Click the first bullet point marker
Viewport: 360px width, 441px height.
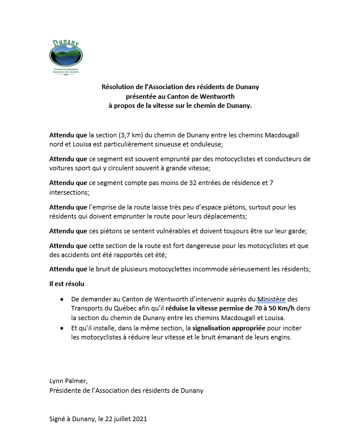61,299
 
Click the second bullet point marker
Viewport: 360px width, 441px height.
61,329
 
